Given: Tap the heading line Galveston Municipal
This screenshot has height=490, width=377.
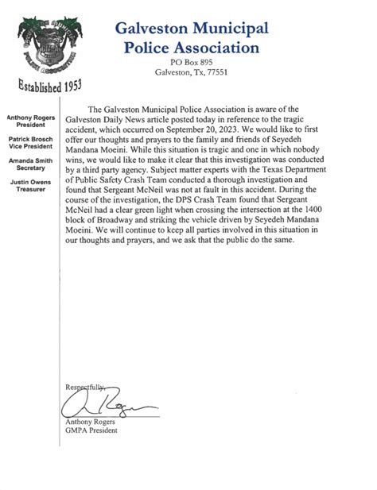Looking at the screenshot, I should (x=191, y=29).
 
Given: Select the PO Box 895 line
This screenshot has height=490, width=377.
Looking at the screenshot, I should (x=191, y=62).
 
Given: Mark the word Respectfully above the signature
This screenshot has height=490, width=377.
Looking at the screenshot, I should (x=84, y=386).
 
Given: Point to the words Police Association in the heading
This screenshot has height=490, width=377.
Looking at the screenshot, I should (x=191, y=48).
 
